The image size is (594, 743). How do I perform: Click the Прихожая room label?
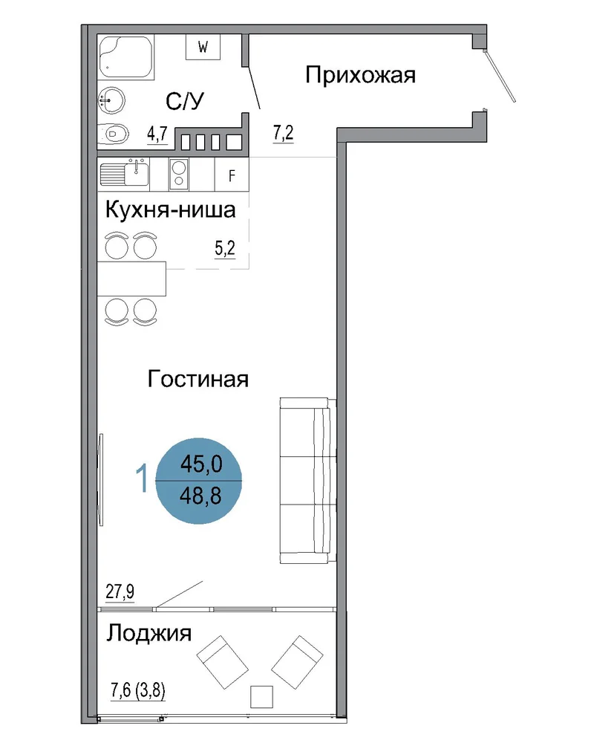(x=360, y=75)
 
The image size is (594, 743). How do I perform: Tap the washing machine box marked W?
(x=203, y=47)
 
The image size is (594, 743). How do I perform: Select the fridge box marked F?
(x=232, y=175)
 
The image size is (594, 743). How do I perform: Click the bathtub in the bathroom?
(x=125, y=57)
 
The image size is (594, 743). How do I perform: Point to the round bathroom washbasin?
(x=111, y=100)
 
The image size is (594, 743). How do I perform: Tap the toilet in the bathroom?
(x=113, y=134)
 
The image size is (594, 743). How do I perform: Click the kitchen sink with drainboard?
(x=125, y=174)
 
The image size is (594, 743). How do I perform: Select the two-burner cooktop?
(x=179, y=174)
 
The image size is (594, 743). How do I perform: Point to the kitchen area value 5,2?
(x=225, y=248)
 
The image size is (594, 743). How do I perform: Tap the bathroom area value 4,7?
(x=157, y=134)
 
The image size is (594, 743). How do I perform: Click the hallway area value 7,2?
(x=283, y=133)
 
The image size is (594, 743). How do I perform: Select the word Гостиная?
(x=198, y=379)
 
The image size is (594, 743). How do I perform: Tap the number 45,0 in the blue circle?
(x=200, y=464)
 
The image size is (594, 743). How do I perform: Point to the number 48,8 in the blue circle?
(x=200, y=496)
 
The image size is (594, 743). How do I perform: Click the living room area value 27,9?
(x=120, y=592)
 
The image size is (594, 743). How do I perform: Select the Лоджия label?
(x=148, y=633)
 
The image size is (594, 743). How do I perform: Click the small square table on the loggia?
(x=262, y=697)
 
